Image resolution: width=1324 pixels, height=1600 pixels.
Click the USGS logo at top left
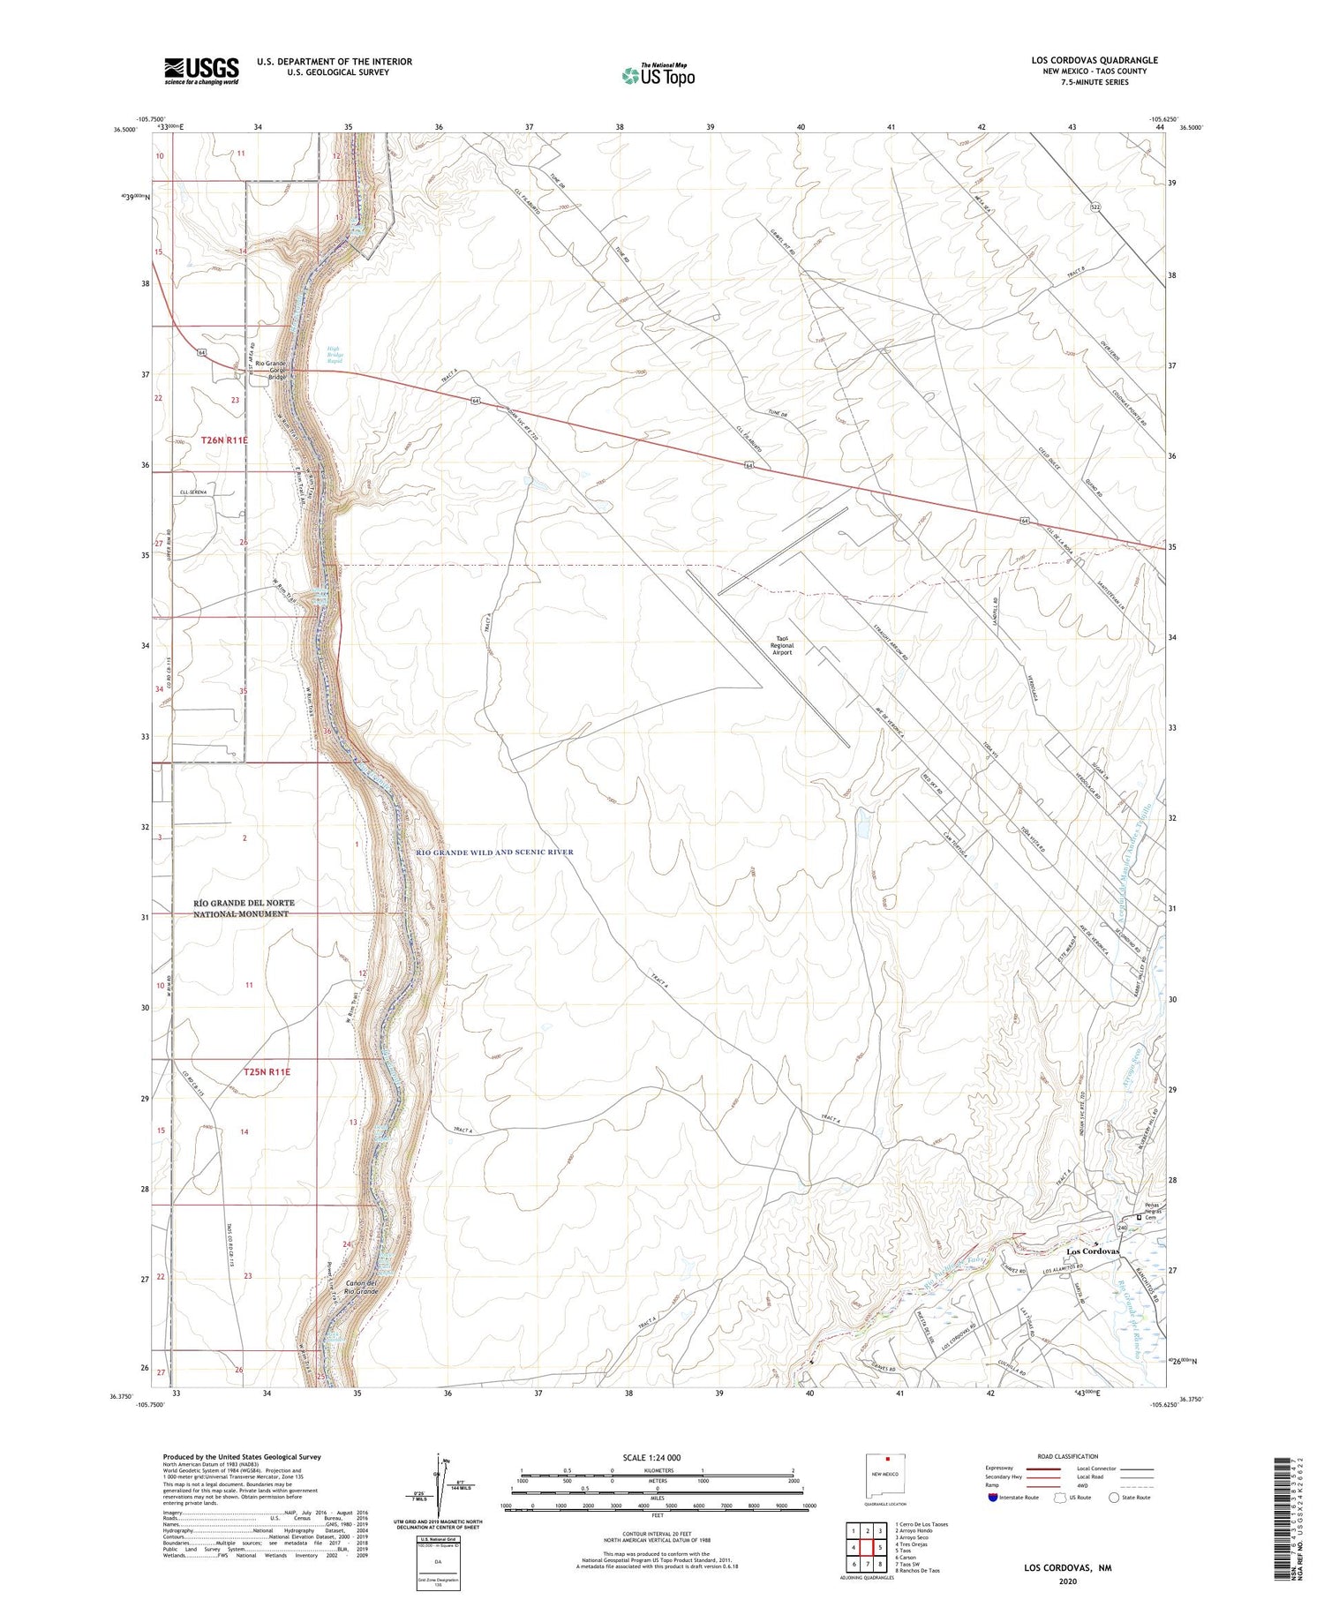coord(201,71)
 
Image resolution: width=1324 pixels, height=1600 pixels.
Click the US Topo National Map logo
coord(658,75)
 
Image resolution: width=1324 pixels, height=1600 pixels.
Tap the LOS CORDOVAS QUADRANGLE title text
coord(1094,60)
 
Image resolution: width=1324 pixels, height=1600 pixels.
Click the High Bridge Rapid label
coord(335,355)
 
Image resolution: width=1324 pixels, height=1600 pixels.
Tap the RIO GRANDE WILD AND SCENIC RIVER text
coord(494,852)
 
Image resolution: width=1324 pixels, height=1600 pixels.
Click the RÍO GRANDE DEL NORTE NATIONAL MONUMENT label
coord(244,908)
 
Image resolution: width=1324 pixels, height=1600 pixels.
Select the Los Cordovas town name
coord(1092,1251)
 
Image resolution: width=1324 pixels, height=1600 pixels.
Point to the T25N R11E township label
coord(267,1071)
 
